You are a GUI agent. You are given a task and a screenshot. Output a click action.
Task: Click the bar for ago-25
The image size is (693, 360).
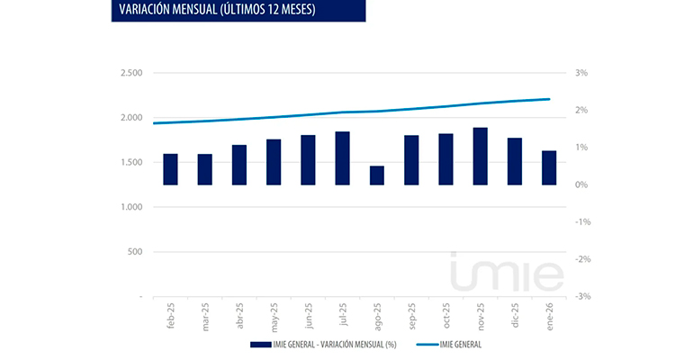(x=376, y=175)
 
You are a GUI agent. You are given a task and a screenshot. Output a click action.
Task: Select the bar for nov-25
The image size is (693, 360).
(x=480, y=157)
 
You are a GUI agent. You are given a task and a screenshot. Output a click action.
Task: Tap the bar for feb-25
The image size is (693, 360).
(x=170, y=169)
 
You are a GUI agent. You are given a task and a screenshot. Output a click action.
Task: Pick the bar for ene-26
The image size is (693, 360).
(x=549, y=167)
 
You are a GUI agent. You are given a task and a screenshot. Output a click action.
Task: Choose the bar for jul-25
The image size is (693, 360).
(x=342, y=158)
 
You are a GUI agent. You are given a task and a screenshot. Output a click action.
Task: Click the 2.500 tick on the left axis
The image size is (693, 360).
(x=130, y=73)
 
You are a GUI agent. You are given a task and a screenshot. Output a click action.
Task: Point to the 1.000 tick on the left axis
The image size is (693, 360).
(x=130, y=207)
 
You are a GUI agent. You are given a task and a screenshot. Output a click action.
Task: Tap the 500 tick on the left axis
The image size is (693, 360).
(x=134, y=252)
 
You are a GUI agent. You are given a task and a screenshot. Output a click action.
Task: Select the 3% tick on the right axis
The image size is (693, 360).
(x=582, y=73)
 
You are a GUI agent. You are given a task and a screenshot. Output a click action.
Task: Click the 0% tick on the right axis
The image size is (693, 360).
(x=582, y=184)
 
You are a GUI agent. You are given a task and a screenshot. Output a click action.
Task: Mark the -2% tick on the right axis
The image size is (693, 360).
(x=581, y=259)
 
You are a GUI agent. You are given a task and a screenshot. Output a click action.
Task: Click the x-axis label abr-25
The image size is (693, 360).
(x=239, y=317)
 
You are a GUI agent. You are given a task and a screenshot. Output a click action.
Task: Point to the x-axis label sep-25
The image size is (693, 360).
(x=411, y=317)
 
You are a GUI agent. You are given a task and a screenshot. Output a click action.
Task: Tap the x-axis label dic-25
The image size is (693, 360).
(x=515, y=316)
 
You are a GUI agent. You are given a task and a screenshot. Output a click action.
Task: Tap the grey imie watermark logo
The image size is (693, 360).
(x=507, y=274)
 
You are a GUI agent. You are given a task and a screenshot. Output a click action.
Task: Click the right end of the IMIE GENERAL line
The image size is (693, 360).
(x=549, y=99)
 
